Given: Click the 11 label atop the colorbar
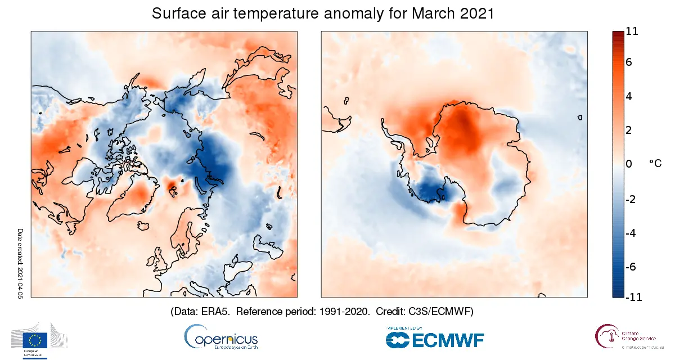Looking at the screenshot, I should point(632,31).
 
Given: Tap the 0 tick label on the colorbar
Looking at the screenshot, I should point(629,164).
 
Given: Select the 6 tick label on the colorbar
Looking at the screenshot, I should point(629,62).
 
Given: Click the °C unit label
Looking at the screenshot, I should point(655,163).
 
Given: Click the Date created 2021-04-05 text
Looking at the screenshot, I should point(21,263).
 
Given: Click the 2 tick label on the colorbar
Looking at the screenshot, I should point(629,130).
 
